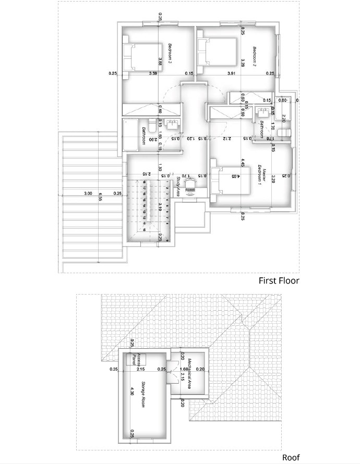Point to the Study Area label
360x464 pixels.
(178, 186)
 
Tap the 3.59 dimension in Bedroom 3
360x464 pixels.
(153, 74)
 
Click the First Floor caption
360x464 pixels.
(279, 280)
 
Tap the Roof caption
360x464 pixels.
(291, 457)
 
